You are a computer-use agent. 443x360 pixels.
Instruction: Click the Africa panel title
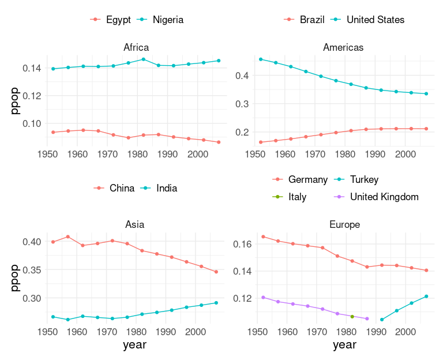pyautogui.click(x=137, y=47)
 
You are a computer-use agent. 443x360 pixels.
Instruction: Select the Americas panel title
pyautogui.click(x=343, y=47)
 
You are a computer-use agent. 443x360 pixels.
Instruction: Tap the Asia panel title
pyautogui.click(x=135, y=224)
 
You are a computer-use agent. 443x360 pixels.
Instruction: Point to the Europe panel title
pyautogui.click(x=344, y=224)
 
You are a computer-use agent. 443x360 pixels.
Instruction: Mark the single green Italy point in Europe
pyautogui.click(x=352, y=317)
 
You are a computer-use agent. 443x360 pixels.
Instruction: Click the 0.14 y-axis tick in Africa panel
pyautogui.click(x=31, y=68)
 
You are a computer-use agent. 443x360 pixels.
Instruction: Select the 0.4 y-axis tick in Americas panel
pyautogui.click(x=241, y=76)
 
